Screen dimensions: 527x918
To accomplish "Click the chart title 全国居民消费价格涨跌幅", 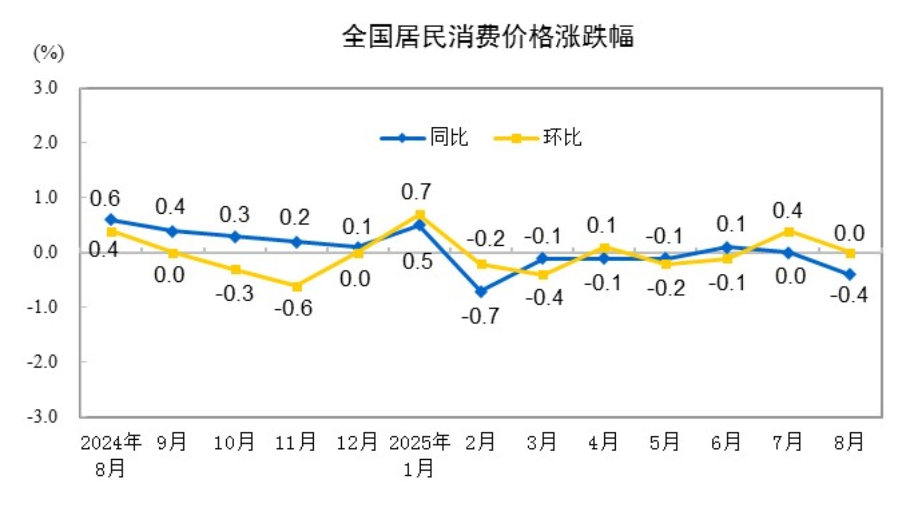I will coord(488,37).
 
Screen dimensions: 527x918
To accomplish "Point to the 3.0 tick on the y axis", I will coord(45,88).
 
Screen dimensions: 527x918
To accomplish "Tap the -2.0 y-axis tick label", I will coord(42,362).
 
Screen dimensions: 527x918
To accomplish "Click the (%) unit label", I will coord(48,53).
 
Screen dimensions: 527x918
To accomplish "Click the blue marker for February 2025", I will coord(481,291).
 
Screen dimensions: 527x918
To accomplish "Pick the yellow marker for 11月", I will coord(297,287).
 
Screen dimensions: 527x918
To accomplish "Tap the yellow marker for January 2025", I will coord(420,215).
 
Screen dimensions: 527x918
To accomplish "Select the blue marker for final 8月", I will coord(850,275).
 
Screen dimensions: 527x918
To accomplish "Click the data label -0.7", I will coord(480,316).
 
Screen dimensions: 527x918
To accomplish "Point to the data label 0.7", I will coord(416,192).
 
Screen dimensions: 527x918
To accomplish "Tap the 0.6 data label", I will coord(105,199).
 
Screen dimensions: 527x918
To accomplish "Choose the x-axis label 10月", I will coord(234,442).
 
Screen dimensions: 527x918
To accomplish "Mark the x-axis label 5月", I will coord(664,442).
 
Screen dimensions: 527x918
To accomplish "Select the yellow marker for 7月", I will coord(789,232).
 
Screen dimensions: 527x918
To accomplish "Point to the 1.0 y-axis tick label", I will coord(45,197).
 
